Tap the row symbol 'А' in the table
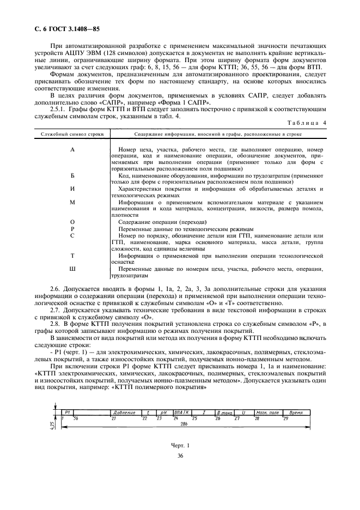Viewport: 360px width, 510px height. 72,149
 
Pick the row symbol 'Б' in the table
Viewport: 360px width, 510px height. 72,175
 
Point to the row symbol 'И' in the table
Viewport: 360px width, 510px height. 72,189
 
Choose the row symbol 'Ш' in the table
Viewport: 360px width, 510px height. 72,269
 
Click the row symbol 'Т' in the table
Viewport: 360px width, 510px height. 72,255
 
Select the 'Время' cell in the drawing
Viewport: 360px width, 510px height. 296,412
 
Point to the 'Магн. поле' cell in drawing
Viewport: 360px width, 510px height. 266,412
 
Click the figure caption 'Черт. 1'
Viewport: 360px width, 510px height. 180,446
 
